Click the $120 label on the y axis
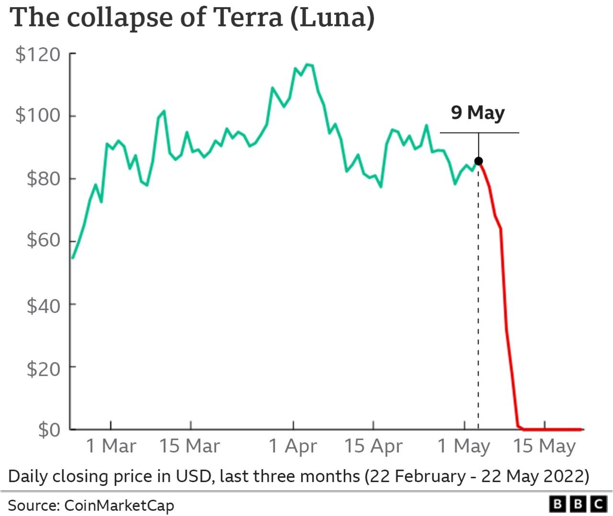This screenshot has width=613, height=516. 38,55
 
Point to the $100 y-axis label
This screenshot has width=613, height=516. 38,115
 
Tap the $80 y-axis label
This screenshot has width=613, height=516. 44,179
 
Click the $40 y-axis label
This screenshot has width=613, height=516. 44,305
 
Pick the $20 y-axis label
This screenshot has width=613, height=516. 44,369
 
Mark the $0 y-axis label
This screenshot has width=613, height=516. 50,430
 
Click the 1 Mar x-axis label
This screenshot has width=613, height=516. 111,446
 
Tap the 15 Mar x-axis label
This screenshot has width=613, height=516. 190,446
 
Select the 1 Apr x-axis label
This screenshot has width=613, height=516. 293,446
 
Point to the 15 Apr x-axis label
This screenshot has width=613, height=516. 374,446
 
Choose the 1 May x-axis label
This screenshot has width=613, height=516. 464,446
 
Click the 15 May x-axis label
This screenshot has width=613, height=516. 545,446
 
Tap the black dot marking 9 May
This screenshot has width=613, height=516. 478,161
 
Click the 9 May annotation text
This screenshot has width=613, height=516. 478,113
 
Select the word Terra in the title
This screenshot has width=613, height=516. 248,17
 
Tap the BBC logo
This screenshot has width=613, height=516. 578,504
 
